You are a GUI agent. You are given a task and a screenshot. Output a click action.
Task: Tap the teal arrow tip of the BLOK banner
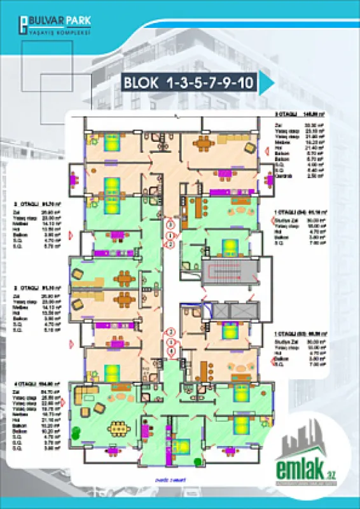tap(267, 83)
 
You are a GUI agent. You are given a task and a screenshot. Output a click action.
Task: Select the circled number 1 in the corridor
tap(170, 235)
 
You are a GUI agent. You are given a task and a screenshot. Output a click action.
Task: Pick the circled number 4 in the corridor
tap(170, 351)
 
